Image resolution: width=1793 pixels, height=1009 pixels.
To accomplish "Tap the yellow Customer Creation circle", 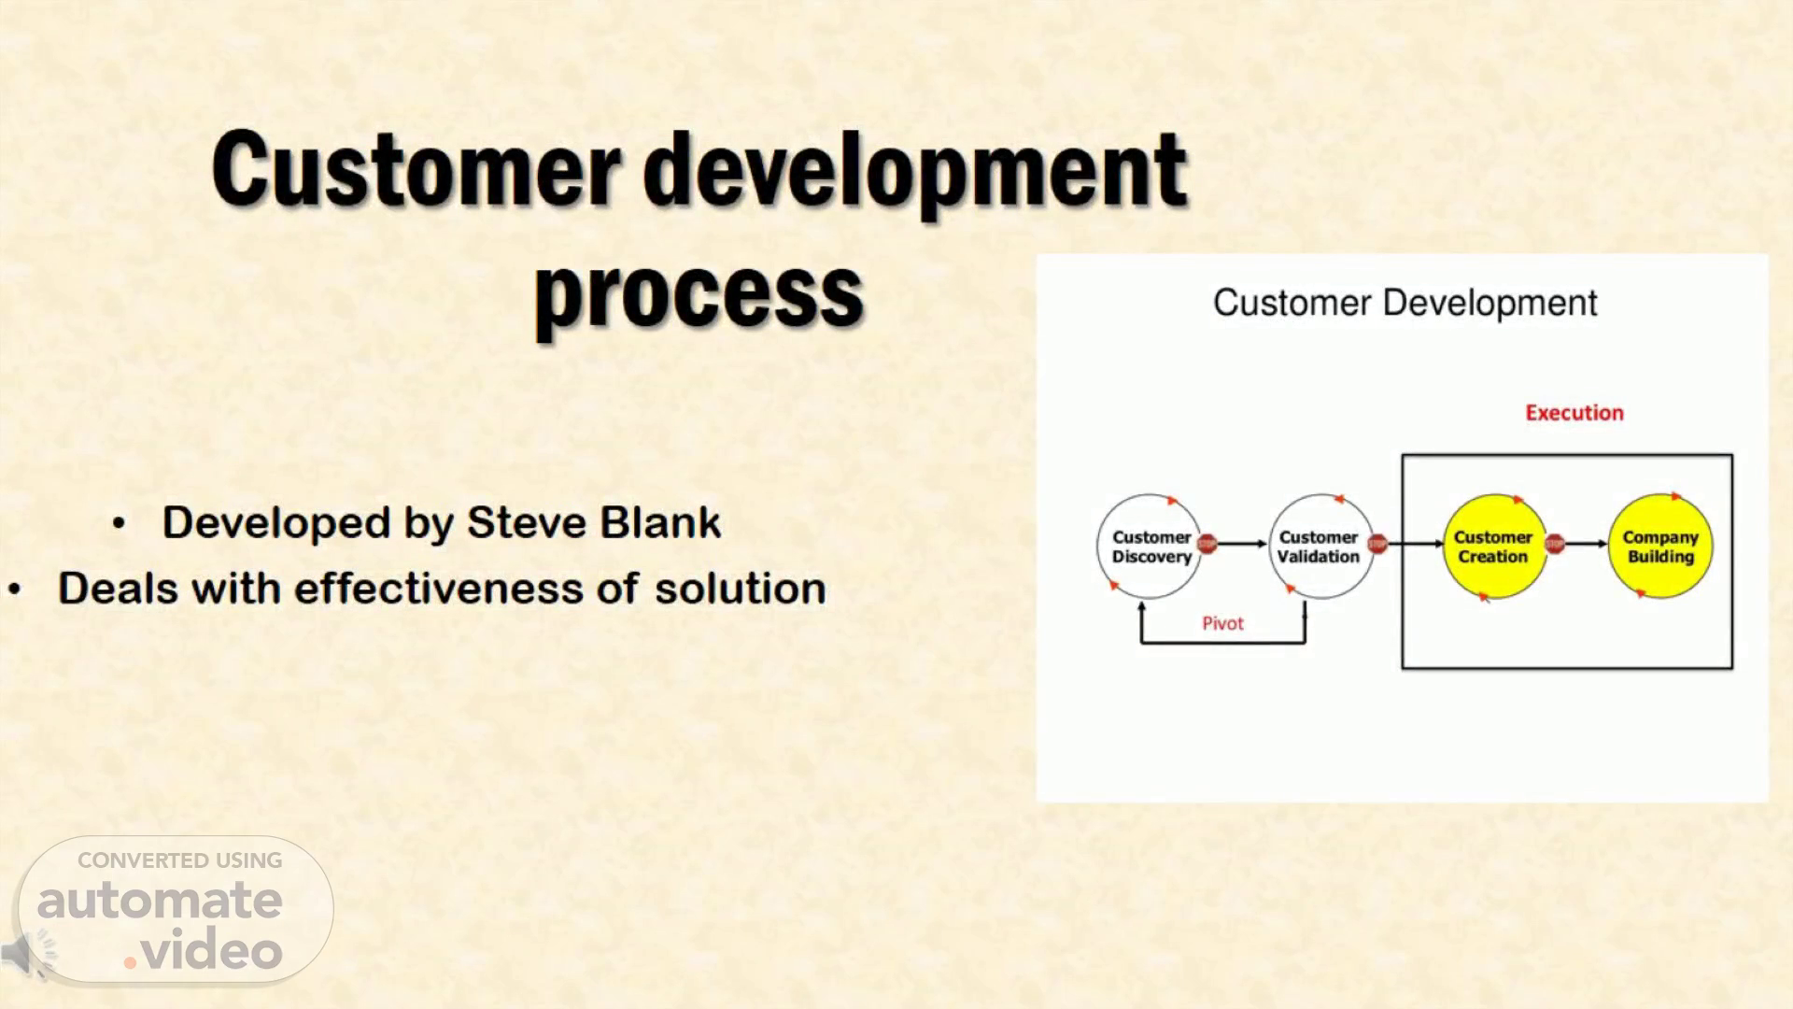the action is tap(1493, 547).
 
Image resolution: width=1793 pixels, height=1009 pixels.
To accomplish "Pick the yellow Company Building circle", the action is tap(1660, 547).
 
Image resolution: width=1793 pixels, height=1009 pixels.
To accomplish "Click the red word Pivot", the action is tap(1222, 623).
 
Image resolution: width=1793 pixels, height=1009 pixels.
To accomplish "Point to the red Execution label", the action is tap(1574, 413).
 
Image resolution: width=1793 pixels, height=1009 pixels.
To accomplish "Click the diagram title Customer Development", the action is tap(1405, 303).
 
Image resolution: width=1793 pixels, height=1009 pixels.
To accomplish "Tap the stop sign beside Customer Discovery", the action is tap(1207, 544).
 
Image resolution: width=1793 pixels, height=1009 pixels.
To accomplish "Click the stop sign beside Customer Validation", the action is tap(1377, 544).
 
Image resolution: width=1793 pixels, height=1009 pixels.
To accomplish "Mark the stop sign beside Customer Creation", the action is tap(1554, 544).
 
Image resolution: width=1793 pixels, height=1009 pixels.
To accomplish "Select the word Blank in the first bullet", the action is tap(661, 522).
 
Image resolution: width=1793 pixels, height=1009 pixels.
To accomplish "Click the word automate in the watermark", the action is tap(160, 901).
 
